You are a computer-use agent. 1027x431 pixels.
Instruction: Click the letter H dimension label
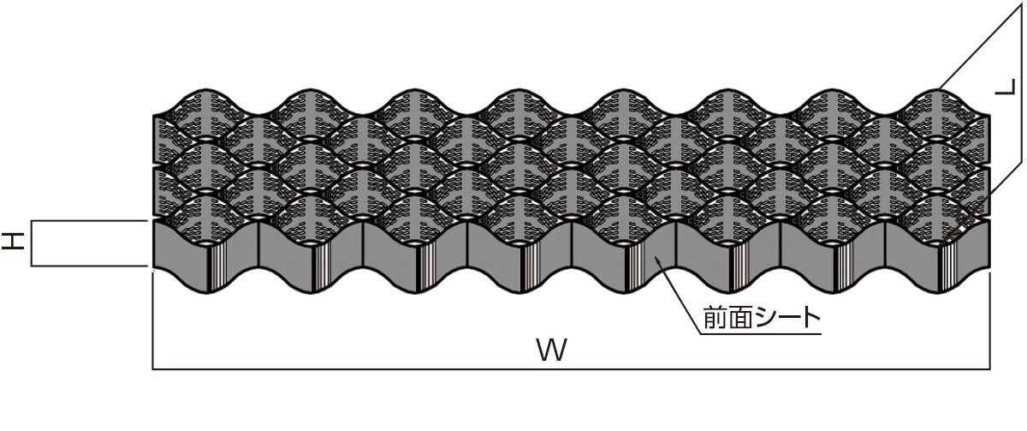pos(12,242)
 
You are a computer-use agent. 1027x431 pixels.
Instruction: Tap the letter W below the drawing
pos(552,350)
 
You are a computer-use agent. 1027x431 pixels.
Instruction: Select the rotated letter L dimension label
pos(1005,87)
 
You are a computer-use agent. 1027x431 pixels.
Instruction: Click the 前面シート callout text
pos(762,318)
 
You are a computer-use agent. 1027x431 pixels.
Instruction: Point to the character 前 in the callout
pos(715,318)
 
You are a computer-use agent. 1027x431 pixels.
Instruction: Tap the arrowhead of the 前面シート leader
pos(658,260)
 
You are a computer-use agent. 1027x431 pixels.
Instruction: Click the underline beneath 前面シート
pos(760,333)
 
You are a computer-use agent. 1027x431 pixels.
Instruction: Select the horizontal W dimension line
pos(572,369)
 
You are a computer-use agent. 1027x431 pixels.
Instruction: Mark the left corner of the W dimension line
pos(152,369)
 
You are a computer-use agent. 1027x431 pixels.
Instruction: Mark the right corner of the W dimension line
pos(990,369)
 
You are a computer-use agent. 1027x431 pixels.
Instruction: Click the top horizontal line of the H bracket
pos(89,221)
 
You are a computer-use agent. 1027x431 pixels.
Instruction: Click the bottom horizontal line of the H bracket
pos(89,266)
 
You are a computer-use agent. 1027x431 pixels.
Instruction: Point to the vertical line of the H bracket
pos(32,243)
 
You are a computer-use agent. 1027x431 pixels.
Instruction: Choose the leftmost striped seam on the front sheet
pos(216,267)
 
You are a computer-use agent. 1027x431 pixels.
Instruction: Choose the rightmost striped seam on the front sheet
pos(947,267)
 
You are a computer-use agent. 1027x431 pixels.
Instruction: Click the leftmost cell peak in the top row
pos(206,89)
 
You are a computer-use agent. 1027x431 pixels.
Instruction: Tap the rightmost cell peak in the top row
pos(938,89)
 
